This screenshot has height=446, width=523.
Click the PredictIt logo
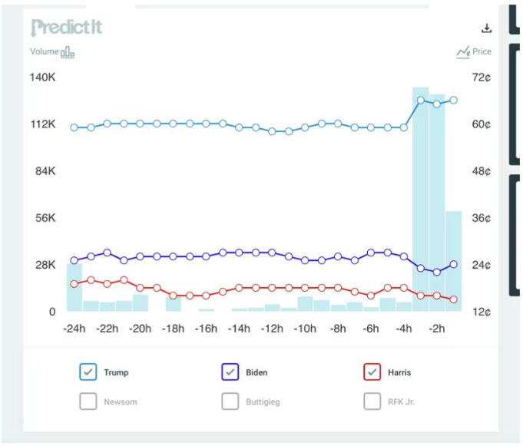point(66,28)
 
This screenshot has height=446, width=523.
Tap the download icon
point(486,28)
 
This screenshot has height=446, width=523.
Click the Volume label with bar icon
point(52,52)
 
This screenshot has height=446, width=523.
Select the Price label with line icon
point(474,52)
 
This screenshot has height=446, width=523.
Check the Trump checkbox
point(88,372)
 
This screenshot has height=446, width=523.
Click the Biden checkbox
point(230,372)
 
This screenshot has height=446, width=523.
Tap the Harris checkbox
point(372,372)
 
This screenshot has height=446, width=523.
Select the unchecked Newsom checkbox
point(88,401)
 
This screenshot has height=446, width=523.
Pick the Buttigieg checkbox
point(230,401)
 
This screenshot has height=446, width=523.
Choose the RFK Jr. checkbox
point(372,401)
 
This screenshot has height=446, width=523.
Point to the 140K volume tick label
point(43,78)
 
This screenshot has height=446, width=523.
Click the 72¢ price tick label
point(482,78)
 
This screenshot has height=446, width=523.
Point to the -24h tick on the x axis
point(74,329)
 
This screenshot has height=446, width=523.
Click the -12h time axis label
point(272,329)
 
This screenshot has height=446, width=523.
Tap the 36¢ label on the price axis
point(482,218)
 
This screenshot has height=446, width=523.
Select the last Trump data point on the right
point(454,100)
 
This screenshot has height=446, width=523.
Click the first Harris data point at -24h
point(74,284)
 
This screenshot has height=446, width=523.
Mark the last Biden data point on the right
point(454,264)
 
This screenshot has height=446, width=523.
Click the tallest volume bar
point(421,200)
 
